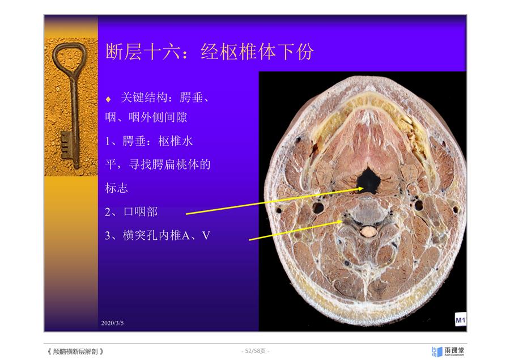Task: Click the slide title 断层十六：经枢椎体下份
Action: click(210, 52)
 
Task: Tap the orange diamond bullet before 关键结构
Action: click(108, 99)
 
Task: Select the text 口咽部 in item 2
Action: click(141, 212)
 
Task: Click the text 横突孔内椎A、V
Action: click(167, 235)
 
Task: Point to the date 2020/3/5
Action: click(112, 323)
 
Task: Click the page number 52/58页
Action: click(256, 351)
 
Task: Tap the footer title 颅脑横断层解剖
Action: click(75, 351)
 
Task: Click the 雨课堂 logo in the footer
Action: click(448, 351)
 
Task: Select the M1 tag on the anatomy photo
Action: click(461, 320)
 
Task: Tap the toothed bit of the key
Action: click(66, 145)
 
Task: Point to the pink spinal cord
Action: click(368, 232)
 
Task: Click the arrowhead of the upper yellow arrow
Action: click(360, 188)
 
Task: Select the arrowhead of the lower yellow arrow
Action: click(339, 222)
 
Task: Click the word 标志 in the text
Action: click(116, 188)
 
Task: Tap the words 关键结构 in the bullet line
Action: click(144, 97)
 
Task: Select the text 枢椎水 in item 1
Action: click(176, 141)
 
